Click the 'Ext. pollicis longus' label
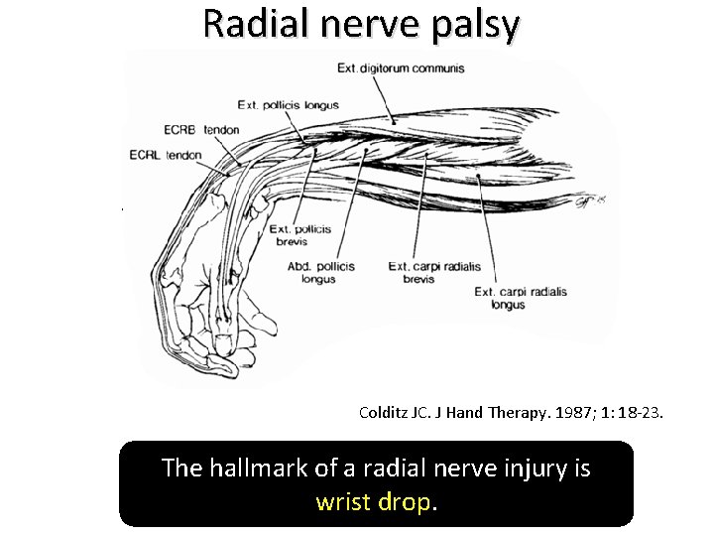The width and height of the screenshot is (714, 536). (x=289, y=104)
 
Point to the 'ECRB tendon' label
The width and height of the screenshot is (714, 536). (x=201, y=129)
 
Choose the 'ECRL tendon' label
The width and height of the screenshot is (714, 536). (x=166, y=155)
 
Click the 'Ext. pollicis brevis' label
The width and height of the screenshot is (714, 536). (x=300, y=235)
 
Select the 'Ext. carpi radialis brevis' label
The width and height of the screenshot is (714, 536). (x=425, y=273)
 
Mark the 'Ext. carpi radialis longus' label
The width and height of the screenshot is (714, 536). (x=521, y=298)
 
